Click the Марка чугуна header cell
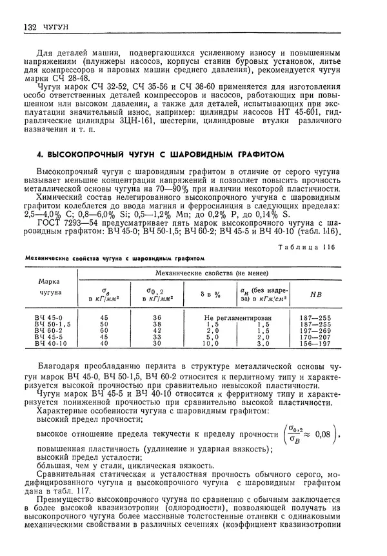[50, 288]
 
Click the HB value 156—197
[316, 343]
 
